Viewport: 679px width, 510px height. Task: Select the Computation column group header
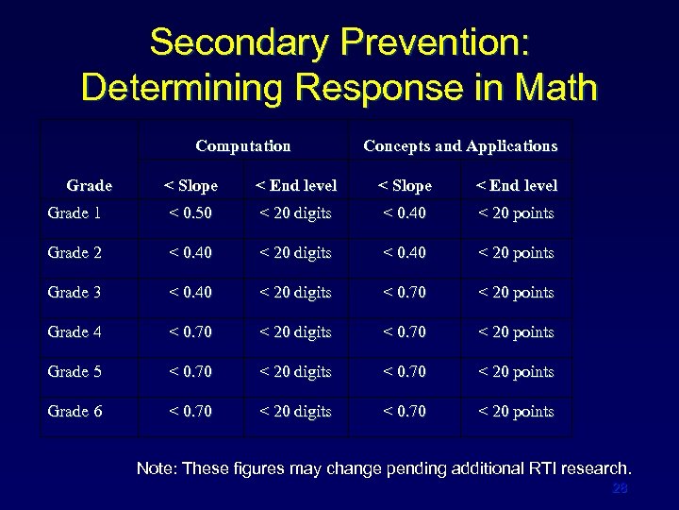[242, 145]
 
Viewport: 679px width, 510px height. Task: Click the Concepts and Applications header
[460, 145]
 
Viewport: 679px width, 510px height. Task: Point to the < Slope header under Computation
[191, 185]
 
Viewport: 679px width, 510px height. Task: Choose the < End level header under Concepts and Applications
[516, 185]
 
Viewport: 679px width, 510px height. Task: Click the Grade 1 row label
[74, 213]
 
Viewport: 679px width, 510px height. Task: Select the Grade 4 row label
[74, 332]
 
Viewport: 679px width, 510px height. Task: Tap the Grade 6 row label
[74, 412]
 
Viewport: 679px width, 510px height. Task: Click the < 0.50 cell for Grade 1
[191, 213]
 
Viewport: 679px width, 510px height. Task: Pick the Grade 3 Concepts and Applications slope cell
[405, 293]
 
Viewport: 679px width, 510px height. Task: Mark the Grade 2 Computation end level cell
[296, 253]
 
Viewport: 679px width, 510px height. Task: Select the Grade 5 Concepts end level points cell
[516, 372]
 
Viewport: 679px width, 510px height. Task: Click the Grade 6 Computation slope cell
[191, 412]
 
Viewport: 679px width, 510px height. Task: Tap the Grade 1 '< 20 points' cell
[516, 213]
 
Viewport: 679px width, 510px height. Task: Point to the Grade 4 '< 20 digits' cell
[296, 332]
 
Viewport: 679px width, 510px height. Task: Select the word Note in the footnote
[156, 468]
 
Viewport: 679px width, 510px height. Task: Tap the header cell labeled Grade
[90, 185]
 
